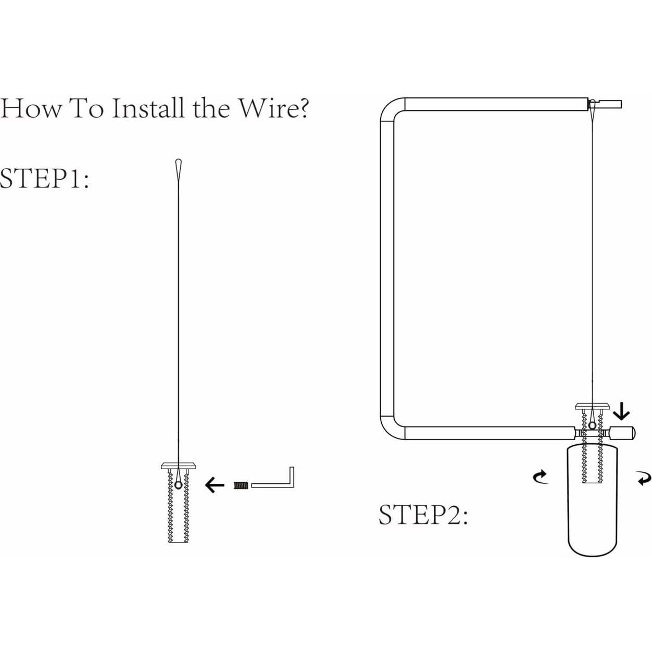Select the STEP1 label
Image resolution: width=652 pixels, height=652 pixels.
click(x=45, y=178)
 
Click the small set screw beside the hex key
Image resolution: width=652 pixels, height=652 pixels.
click(x=241, y=485)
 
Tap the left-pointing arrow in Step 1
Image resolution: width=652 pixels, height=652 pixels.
click(x=215, y=486)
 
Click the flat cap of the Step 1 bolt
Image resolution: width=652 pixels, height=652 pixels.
click(x=178, y=466)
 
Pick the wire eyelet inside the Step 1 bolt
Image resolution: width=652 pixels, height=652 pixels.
click(x=178, y=485)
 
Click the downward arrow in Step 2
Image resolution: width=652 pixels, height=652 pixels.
click(x=622, y=412)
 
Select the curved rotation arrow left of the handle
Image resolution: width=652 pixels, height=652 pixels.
click(x=541, y=477)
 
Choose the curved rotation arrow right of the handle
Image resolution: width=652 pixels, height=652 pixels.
click(x=643, y=479)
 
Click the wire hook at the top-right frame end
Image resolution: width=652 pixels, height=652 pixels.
click(x=592, y=105)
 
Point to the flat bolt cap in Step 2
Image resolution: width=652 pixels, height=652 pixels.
click(x=592, y=406)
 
